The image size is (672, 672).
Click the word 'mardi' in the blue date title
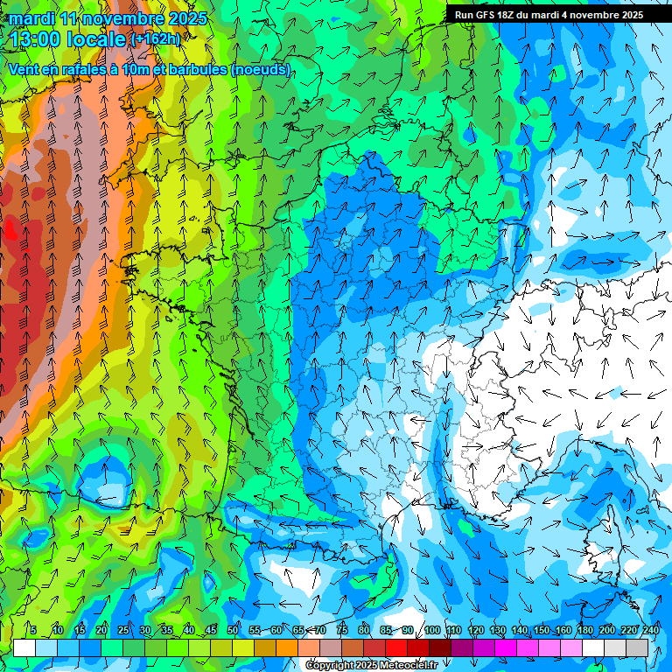(31, 18)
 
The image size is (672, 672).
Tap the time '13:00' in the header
(39, 39)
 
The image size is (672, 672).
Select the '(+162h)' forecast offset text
(154, 39)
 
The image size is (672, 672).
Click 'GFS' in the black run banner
(485, 15)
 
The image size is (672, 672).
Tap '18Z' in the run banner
(509, 15)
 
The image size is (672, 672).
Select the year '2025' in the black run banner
(626, 15)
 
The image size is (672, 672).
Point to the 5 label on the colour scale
(32, 630)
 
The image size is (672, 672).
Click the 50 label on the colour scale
(233, 630)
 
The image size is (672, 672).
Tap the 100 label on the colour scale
(431, 630)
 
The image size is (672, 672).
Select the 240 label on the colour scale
(650, 630)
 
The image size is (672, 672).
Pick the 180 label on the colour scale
(584, 630)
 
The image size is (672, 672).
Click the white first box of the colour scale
(24, 647)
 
